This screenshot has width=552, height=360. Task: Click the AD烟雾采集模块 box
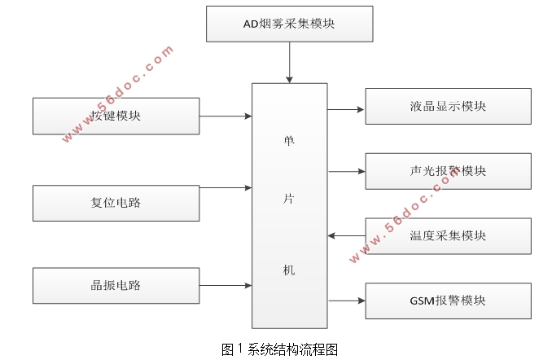[x=289, y=24]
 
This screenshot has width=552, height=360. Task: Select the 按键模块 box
[x=116, y=116]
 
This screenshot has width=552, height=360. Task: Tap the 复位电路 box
[x=116, y=203]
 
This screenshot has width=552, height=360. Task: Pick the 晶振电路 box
[x=116, y=285]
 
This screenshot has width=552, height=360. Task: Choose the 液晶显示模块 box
[x=448, y=106]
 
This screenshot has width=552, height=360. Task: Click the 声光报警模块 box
[x=448, y=171]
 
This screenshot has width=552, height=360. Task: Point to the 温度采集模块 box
[x=448, y=236]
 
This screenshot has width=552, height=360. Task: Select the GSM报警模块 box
[x=448, y=301]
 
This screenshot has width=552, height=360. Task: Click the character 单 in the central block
[x=289, y=139]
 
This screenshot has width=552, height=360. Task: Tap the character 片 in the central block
[x=289, y=204]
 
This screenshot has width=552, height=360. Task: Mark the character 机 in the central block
[x=289, y=270]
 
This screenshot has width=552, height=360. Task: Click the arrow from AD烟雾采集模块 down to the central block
[x=289, y=62]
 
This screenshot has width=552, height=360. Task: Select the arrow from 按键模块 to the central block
[x=226, y=116]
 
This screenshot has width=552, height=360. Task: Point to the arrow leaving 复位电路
[x=226, y=187]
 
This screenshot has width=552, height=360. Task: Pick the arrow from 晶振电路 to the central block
[x=226, y=285]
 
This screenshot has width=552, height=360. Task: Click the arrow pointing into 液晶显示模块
[x=346, y=108]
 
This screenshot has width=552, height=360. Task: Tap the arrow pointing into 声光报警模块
[x=346, y=171]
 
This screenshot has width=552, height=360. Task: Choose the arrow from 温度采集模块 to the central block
[x=346, y=236]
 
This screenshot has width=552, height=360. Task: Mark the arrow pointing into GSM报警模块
[x=346, y=301]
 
